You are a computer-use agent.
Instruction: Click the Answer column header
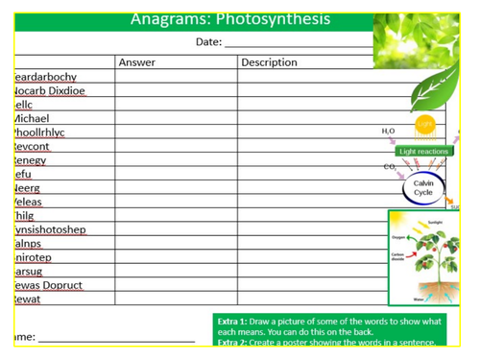[136, 62]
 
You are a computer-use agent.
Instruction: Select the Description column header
[269, 62]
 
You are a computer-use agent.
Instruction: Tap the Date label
[208, 42]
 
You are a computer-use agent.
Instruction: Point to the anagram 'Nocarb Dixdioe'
[49, 90]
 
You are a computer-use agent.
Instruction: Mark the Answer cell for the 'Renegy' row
[176, 160]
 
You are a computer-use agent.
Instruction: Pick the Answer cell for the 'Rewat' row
[176, 300]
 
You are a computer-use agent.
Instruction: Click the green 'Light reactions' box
[423, 151]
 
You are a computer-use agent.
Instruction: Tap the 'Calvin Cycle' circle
[423, 187]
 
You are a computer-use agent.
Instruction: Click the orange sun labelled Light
[424, 125]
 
